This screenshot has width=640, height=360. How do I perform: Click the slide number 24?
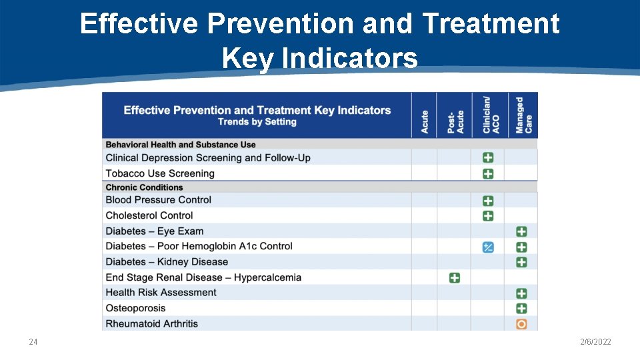click(x=33, y=342)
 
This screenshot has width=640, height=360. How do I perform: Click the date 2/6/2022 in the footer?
click(x=595, y=342)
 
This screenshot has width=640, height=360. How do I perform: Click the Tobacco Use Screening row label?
click(x=160, y=173)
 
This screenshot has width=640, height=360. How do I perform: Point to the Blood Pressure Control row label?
click(x=158, y=200)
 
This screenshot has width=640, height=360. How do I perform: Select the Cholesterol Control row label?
click(x=149, y=215)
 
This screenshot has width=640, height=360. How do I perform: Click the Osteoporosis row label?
click(x=135, y=308)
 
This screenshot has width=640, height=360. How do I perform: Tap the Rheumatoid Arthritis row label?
click(x=151, y=324)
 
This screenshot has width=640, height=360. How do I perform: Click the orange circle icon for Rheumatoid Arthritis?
click(x=521, y=324)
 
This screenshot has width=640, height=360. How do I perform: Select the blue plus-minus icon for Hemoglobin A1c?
click(x=488, y=247)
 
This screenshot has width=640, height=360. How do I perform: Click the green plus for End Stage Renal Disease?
click(x=455, y=277)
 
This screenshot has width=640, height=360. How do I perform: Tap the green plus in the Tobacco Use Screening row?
click(x=488, y=174)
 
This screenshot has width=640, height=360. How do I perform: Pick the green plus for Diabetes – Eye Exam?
click(x=521, y=231)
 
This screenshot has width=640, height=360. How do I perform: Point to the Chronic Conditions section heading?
click(x=144, y=187)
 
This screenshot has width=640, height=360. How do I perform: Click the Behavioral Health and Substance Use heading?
click(x=181, y=145)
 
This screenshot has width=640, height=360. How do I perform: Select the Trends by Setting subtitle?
click(x=257, y=122)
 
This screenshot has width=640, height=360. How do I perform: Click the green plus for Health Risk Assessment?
click(x=521, y=293)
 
